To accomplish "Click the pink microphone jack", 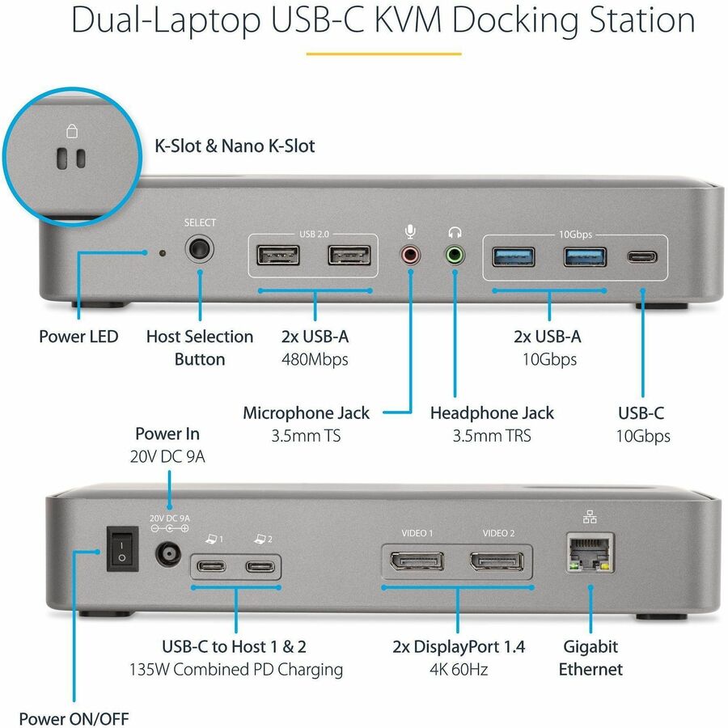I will pyautogui.click(x=411, y=256).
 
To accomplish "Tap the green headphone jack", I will pyautogui.click(x=455, y=256).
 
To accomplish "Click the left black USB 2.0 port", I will pyautogui.click(x=278, y=256).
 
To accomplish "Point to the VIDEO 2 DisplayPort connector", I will pyautogui.click(x=497, y=562).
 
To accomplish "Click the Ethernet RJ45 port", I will pyautogui.click(x=587, y=552).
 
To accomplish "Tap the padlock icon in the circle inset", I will pyautogui.click(x=71, y=132).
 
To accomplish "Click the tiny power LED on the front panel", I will pyautogui.click(x=163, y=253).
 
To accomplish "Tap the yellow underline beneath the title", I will pyautogui.click(x=383, y=54).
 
